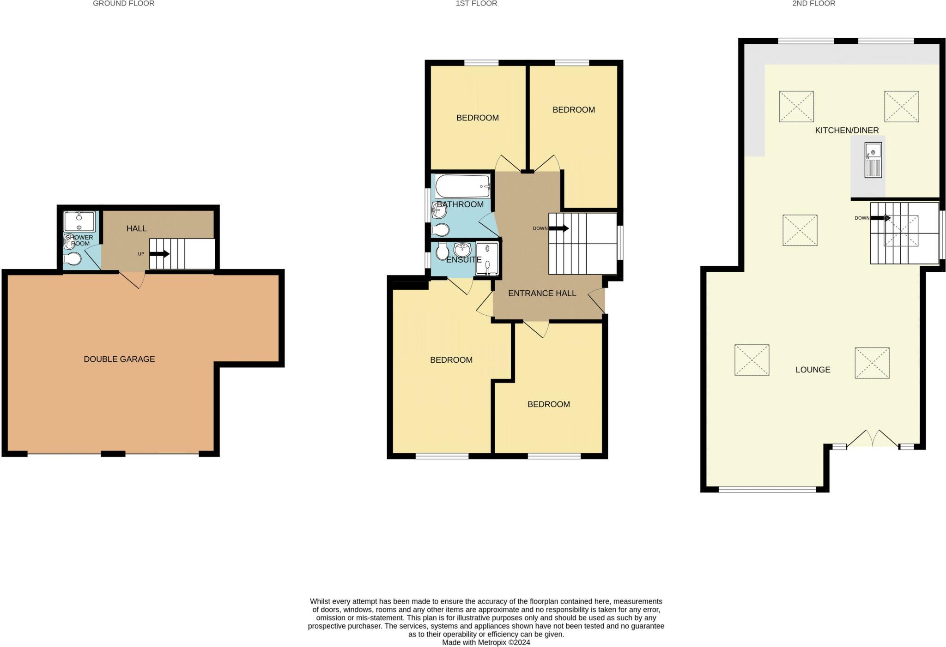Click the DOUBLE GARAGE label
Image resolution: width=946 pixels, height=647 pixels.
(119, 359)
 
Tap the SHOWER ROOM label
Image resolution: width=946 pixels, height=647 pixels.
(79, 240)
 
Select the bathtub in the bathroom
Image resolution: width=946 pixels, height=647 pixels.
(462, 186)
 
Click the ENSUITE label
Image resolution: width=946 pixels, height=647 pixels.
(464, 260)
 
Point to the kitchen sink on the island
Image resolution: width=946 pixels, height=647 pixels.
(873, 160)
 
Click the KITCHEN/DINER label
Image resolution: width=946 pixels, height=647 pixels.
(847, 131)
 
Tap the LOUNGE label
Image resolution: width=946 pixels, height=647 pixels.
(813, 370)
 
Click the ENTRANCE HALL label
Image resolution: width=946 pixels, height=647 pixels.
(542, 294)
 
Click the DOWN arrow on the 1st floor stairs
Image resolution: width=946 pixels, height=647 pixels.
(558, 228)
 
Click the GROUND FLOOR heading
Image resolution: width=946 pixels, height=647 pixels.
(123, 4)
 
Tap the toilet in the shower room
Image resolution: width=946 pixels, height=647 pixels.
(73, 259)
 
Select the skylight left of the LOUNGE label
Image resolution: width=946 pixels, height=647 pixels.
(752, 360)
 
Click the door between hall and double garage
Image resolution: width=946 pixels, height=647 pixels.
(133, 279)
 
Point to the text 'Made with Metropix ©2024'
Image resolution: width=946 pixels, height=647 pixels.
(486, 642)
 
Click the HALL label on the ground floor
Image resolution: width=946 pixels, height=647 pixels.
(136, 228)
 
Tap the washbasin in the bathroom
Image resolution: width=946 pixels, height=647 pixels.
(439, 211)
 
